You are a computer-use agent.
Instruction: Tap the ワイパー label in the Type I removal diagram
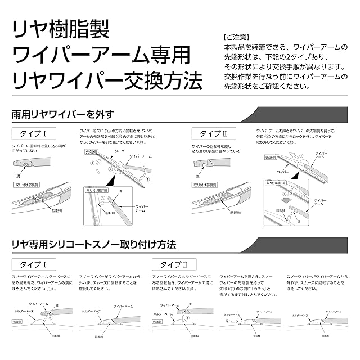[x=120, y=152]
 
